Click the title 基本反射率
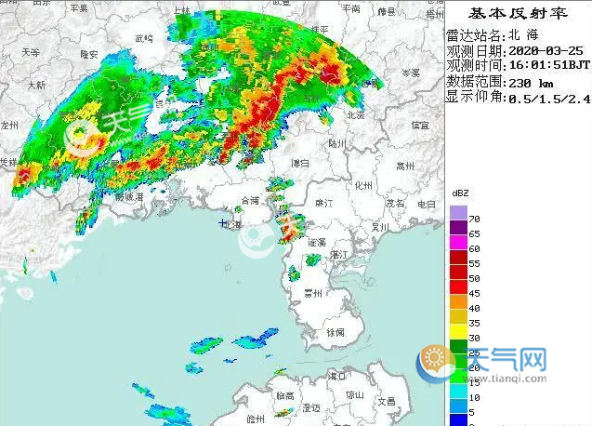(518, 14)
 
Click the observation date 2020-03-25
(547, 51)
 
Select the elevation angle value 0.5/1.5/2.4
(548, 98)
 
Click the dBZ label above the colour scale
(460, 192)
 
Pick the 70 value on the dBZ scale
(475, 216)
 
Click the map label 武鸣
(143, 39)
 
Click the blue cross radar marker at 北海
(222, 224)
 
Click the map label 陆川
(337, 144)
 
